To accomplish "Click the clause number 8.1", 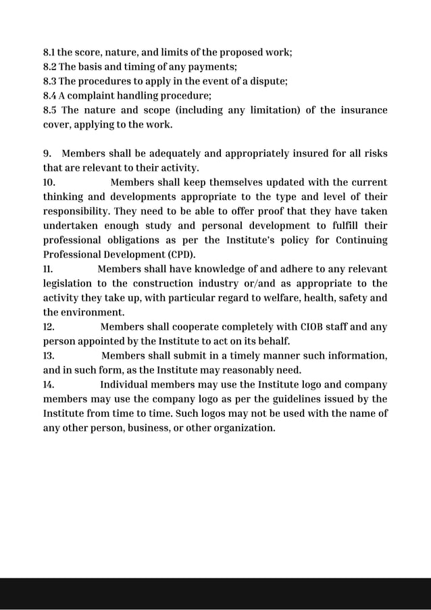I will (49, 52).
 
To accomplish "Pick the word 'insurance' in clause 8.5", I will (361, 110).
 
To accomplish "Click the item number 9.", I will (47, 153).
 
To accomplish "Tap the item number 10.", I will (49, 182).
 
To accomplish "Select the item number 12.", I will (49, 327).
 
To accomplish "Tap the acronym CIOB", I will (311, 327).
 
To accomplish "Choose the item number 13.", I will (49, 356).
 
